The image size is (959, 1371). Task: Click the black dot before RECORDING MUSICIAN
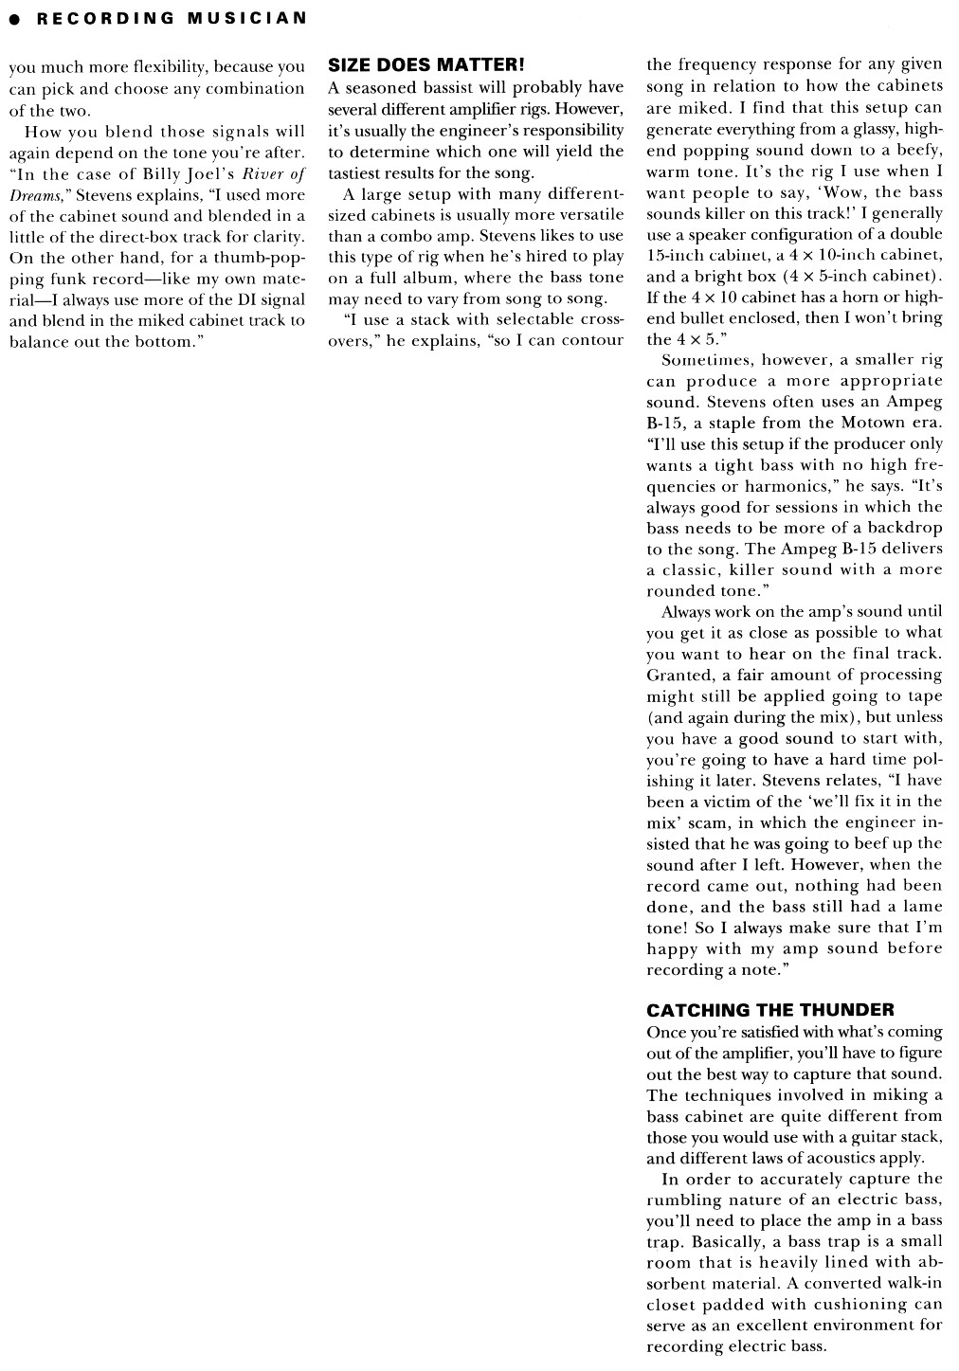click(x=15, y=18)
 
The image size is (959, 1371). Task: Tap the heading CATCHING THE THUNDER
click(x=769, y=1010)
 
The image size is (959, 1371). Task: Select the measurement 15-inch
click(x=676, y=256)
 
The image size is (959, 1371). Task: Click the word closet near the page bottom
click(x=674, y=1305)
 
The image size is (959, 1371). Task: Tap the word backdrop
click(x=898, y=528)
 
